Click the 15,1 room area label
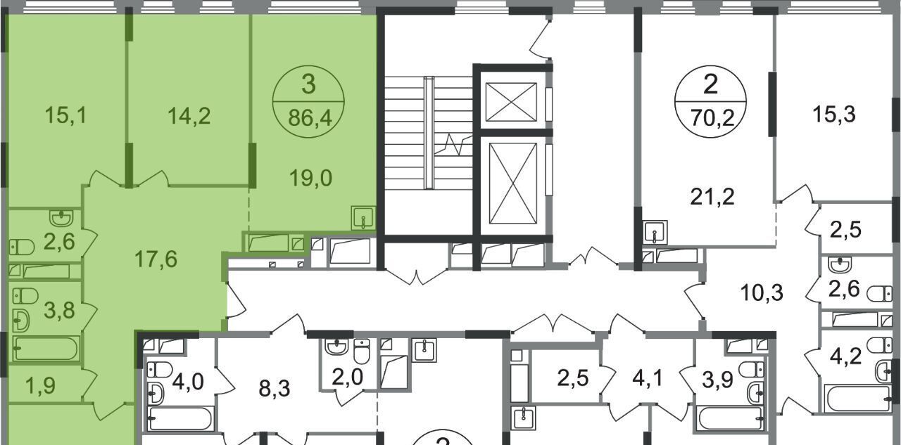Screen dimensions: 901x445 65,116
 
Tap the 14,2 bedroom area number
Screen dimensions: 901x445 189,117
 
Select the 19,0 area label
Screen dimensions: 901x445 311,179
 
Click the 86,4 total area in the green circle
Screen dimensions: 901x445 310,119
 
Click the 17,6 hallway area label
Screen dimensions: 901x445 156,259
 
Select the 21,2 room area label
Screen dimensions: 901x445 712,197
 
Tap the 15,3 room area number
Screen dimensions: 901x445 834,115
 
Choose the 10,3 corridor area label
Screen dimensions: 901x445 762,292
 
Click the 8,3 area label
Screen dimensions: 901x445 275,389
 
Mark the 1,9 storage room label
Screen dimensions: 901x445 41,385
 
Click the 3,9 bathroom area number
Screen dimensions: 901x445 717,380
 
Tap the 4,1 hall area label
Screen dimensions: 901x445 648,378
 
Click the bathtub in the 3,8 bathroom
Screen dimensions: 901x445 46,348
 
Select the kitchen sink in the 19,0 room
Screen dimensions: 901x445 363,217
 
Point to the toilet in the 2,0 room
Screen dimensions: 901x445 362,352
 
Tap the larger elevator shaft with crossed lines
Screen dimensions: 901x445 513,183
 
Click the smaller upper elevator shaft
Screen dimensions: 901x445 511,102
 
